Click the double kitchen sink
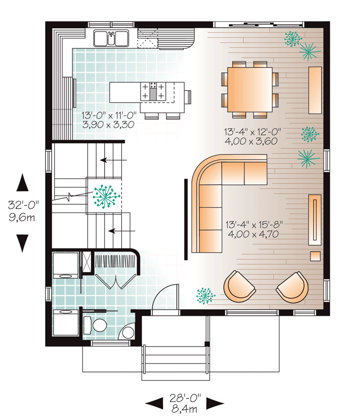(x=111, y=38)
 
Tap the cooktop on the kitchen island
(x=153, y=91)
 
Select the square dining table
(x=250, y=89)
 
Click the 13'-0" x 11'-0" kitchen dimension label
(x=109, y=116)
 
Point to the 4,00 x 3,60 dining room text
(x=251, y=141)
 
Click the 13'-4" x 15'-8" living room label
(x=254, y=224)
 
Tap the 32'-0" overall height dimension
(x=23, y=205)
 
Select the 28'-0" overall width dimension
(x=185, y=398)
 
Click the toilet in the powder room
(x=95, y=325)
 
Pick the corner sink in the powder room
(x=127, y=332)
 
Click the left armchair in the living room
(x=239, y=286)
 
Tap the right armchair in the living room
(x=293, y=287)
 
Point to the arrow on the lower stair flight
(x=122, y=231)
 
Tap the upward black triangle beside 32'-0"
(x=23, y=182)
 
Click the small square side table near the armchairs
(x=315, y=256)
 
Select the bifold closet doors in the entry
(x=116, y=282)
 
